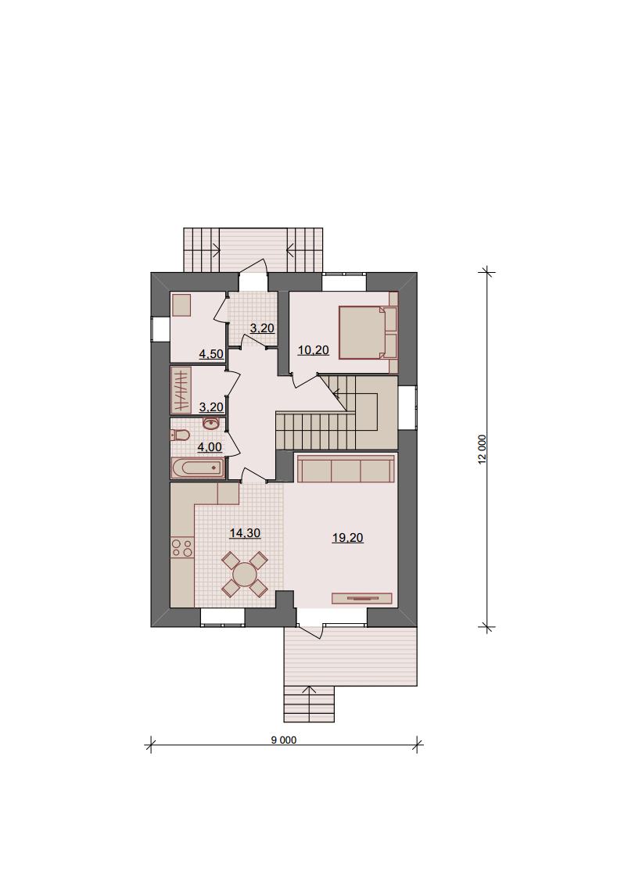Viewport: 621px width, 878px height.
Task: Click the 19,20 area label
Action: [x=347, y=538]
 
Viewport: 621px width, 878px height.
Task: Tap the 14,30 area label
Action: [x=245, y=533]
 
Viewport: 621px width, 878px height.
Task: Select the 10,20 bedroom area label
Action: [x=313, y=350]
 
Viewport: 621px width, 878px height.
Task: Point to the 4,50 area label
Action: [x=212, y=354]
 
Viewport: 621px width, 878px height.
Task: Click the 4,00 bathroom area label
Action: [x=210, y=447]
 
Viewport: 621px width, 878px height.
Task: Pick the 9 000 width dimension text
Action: [x=284, y=740]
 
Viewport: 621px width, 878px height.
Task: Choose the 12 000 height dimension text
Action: [x=482, y=450]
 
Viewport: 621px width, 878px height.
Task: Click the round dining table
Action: [x=245, y=574]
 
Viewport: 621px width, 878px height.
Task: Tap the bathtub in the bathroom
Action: [x=198, y=468]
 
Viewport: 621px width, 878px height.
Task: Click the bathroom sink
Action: [x=211, y=423]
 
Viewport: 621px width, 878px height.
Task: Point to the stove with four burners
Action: [x=182, y=547]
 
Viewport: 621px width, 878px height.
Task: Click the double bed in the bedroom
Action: [x=368, y=331]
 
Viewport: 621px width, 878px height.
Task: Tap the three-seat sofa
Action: [x=346, y=469]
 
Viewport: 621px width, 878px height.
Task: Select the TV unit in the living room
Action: [x=362, y=599]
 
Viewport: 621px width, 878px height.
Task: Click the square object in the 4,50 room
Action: [x=182, y=305]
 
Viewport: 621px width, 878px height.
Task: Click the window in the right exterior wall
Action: [x=407, y=407]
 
